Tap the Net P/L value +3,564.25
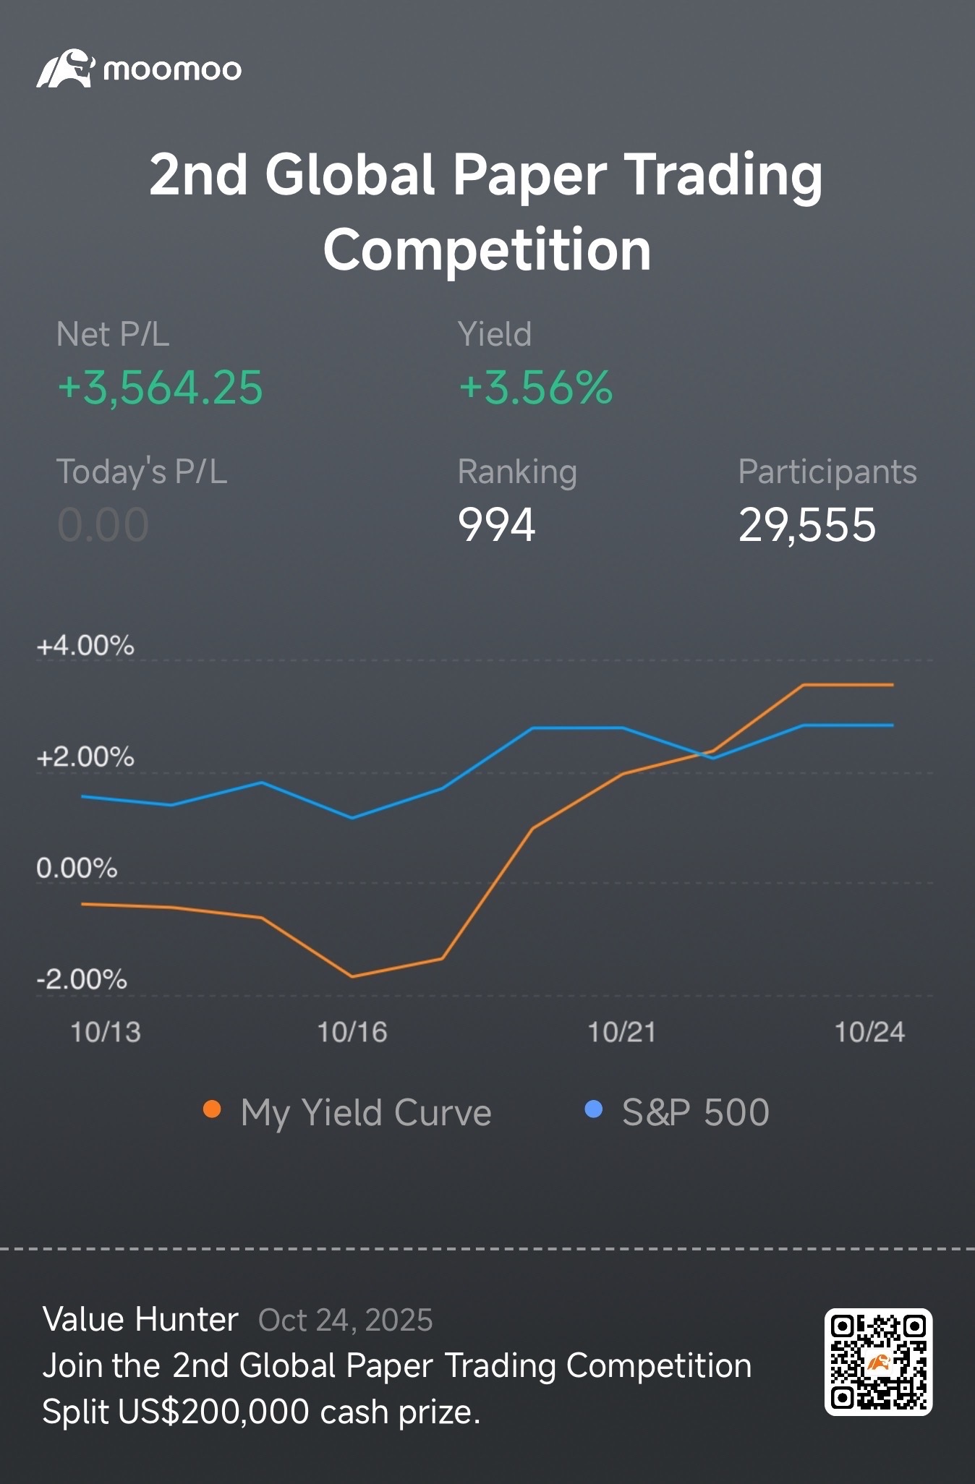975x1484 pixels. point(160,388)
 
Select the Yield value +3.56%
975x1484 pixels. point(536,387)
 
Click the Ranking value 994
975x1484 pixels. point(497,524)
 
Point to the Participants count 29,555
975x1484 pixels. point(807,525)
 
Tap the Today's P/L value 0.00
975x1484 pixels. point(103,524)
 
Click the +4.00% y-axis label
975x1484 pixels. point(85,645)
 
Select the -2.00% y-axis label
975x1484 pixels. point(82,979)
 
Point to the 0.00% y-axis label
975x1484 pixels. point(77,868)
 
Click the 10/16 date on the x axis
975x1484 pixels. point(352,1032)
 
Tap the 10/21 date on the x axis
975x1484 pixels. point(622,1032)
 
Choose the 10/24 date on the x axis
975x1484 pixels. point(869,1032)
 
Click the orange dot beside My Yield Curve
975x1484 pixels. point(212,1109)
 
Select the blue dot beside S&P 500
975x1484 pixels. point(593,1109)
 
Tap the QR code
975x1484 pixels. point(878,1362)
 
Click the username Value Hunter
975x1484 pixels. point(140,1320)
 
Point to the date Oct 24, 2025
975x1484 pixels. point(346,1321)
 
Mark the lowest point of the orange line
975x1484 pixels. point(352,976)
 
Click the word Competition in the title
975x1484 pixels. point(487,250)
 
